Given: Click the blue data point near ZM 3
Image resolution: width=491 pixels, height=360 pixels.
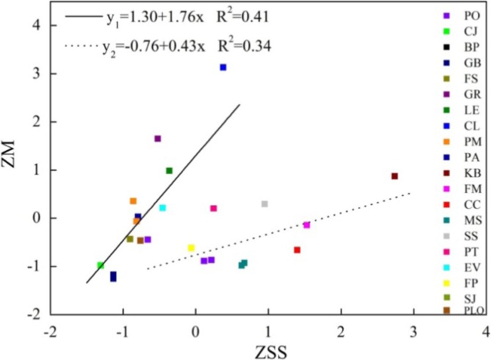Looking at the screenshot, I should tap(224, 67).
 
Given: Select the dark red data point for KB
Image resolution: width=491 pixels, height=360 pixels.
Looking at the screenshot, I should tap(394, 176).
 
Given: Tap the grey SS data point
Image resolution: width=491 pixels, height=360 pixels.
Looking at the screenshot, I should tap(265, 204).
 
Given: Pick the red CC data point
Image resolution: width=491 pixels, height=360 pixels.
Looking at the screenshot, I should tap(297, 249).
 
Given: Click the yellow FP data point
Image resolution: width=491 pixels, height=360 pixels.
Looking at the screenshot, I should tap(191, 248).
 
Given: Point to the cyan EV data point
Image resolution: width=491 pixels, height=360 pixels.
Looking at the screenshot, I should tap(163, 208).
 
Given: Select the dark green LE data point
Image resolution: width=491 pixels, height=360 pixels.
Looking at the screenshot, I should tap(169, 171).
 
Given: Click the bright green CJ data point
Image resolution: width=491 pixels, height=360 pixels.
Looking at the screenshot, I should tap(101, 265).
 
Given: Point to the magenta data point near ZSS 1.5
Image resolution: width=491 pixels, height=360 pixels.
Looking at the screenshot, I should tap(307, 225).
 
